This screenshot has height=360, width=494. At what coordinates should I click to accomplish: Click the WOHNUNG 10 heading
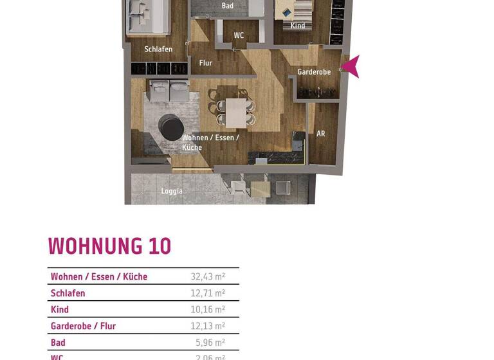[x=109, y=247]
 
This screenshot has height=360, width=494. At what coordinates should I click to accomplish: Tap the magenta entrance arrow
[x=351, y=66]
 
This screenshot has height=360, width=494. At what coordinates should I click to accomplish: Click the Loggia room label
[x=172, y=191]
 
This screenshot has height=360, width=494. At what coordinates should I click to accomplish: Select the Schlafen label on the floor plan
[x=158, y=50]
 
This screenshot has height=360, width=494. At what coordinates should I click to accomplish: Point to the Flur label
[x=206, y=63]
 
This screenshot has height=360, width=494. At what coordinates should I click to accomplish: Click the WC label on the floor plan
[x=239, y=36]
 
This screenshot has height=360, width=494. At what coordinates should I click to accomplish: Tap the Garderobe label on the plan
[x=314, y=72]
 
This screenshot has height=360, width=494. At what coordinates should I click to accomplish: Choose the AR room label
[x=320, y=134]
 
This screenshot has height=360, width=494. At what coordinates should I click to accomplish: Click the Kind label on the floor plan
[x=298, y=26]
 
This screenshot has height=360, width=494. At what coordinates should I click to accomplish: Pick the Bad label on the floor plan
[x=228, y=6]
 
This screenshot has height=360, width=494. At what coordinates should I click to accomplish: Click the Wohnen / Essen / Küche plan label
[x=210, y=142]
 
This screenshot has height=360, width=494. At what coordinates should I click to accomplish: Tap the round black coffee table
[x=172, y=127]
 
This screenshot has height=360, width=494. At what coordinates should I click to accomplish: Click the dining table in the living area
[x=235, y=112]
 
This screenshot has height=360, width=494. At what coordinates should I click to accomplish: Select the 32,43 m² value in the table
[x=207, y=277]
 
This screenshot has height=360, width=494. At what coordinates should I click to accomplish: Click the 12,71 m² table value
[x=207, y=293]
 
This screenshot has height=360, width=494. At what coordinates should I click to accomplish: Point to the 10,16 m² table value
[x=207, y=310]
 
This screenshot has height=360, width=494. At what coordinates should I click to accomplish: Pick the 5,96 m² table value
[x=210, y=343]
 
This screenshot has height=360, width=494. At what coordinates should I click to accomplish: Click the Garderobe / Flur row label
[x=83, y=326]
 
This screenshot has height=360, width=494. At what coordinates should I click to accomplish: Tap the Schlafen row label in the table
[x=68, y=293]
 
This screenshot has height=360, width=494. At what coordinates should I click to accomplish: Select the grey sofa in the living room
[x=169, y=89]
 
